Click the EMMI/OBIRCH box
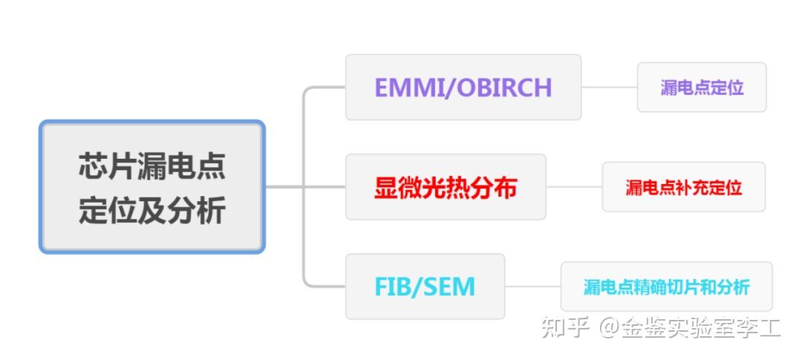point(463,88)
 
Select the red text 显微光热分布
point(446,187)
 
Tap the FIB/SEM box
point(425,287)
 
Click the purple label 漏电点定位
point(702,88)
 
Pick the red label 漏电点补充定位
point(683,187)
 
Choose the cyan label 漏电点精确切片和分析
point(666,287)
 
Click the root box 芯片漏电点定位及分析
point(152,187)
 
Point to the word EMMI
point(405,88)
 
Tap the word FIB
point(394,287)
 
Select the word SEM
point(449,287)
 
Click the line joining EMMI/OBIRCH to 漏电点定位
point(609,87)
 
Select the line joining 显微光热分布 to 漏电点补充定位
point(573,187)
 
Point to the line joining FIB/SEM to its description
point(532,287)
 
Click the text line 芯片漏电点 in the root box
point(152,166)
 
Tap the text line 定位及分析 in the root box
point(152,210)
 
